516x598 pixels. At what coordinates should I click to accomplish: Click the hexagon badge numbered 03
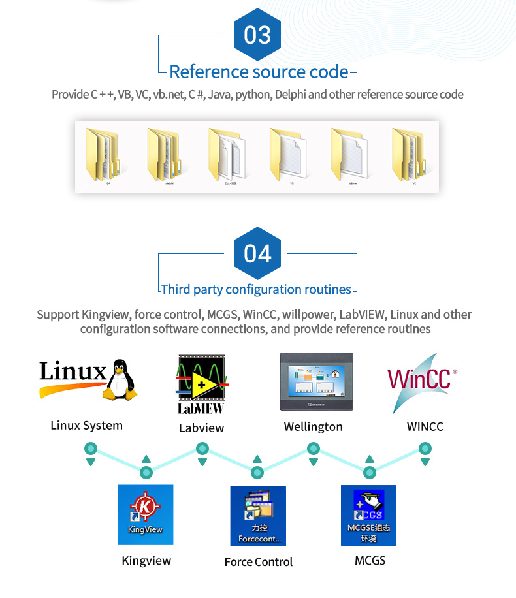pyautogui.click(x=257, y=35)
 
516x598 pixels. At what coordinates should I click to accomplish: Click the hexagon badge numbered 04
pyautogui.click(x=257, y=253)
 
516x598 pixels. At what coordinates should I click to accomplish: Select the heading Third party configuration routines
pyautogui.click(x=256, y=289)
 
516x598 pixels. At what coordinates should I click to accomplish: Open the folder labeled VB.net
pyautogui.click(x=353, y=155)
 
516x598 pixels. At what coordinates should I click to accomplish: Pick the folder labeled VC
pyautogui.click(x=413, y=155)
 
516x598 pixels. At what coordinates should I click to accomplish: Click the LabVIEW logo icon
pyautogui.click(x=201, y=384)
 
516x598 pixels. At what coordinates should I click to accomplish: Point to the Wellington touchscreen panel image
pyautogui.click(x=316, y=381)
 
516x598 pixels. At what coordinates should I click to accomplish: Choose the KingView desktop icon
pyautogui.click(x=145, y=514)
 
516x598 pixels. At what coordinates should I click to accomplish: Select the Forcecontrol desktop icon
pyautogui.click(x=258, y=516)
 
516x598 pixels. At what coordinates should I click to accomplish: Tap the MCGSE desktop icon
pyautogui.click(x=368, y=515)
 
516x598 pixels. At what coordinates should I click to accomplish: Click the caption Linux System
pyautogui.click(x=86, y=426)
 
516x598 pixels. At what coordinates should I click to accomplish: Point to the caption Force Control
pyautogui.click(x=258, y=562)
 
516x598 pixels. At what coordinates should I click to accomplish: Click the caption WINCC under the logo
pyautogui.click(x=425, y=427)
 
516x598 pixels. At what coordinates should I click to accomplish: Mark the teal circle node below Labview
pyautogui.click(x=202, y=448)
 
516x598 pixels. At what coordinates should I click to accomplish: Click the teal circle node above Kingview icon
pyautogui.click(x=146, y=472)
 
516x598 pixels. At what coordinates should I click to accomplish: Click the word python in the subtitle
pyautogui.click(x=252, y=95)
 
